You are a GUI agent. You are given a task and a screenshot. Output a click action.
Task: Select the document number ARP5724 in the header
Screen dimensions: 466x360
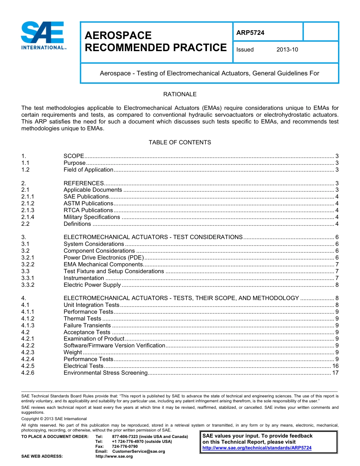(250, 33)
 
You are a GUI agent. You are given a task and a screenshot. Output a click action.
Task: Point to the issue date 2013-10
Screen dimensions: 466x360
(287, 50)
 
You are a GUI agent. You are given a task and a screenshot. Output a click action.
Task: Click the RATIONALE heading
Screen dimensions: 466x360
(180, 94)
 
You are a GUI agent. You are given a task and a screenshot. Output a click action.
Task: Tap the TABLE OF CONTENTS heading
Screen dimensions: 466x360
(180, 142)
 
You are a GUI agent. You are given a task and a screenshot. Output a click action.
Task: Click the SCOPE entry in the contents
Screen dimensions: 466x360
(74, 156)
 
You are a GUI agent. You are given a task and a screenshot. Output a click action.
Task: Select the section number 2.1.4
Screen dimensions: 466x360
(28, 217)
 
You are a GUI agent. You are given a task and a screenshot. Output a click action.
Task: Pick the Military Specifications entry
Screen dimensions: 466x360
(92, 217)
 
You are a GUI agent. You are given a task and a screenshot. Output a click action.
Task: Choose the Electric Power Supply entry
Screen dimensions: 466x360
(92, 285)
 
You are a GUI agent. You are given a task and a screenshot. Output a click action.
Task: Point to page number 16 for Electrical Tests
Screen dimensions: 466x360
(335, 366)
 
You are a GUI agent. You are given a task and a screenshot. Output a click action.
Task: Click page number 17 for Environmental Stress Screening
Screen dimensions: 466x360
(335, 373)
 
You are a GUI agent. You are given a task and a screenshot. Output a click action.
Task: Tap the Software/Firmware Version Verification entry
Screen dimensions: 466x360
(114, 346)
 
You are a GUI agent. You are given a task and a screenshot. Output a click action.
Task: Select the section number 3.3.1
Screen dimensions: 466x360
(28, 278)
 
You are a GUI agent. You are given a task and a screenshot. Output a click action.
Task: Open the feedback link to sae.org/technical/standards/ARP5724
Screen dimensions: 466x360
(257, 448)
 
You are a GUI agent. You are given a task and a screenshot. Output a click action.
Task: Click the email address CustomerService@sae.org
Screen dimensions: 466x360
(139, 451)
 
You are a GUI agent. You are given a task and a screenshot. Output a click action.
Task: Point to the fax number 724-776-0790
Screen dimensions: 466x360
(125, 446)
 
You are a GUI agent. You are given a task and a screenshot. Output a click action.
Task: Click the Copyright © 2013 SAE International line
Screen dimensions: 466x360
(54, 419)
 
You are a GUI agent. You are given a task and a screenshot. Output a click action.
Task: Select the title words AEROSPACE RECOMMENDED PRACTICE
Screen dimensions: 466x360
(155, 42)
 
